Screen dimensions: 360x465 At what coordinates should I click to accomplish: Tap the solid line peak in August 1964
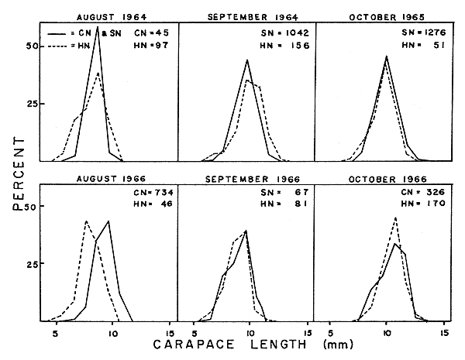tap(98, 26)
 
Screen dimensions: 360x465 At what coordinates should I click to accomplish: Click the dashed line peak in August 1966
tap(85, 221)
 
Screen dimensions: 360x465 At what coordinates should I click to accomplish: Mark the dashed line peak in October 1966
tap(396, 218)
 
